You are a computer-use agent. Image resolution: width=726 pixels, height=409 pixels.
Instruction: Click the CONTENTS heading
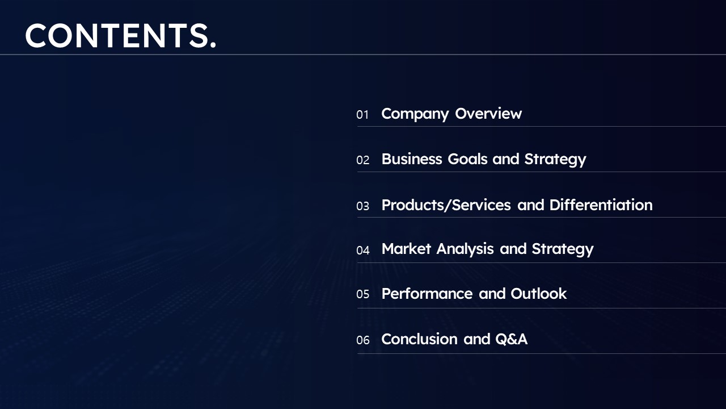tap(120, 36)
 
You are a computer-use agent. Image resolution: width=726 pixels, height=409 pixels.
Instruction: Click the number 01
tap(362, 115)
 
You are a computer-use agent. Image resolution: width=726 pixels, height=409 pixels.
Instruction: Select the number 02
tap(362, 160)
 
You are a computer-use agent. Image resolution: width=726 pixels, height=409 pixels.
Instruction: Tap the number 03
tap(362, 206)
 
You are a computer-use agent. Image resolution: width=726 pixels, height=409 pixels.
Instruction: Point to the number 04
tap(362, 251)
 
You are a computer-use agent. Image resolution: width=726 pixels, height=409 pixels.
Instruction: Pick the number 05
tap(362, 294)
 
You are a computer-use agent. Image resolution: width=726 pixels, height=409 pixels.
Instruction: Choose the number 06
tap(362, 340)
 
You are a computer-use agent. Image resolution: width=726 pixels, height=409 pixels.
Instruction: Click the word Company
tap(415, 114)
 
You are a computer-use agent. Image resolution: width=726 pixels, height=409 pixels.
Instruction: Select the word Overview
tap(488, 114)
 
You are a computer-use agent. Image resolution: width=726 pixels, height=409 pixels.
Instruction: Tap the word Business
tap(412, 159)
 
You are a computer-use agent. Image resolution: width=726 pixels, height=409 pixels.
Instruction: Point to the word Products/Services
tap(446, 205)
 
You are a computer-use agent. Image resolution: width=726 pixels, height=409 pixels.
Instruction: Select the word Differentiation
tap(601, 205)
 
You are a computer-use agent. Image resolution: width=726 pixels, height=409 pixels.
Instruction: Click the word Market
tap(407, 249)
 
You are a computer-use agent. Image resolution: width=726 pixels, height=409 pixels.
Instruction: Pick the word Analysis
tap(465, 249)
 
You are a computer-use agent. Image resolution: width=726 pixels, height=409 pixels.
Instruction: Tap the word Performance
tap(427, 294)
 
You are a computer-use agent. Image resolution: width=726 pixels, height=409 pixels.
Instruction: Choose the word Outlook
tap(539, 294)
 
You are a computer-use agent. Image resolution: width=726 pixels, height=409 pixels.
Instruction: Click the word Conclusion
tap(420, 339)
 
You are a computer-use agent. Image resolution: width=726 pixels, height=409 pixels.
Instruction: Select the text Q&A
tap(512, 339)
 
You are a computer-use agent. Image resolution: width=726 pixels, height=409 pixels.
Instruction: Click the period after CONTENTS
tap(213, 46)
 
